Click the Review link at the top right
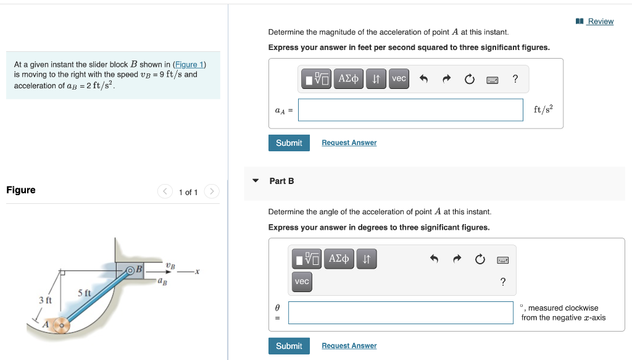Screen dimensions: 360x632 pyautogui.click(x=600, y=22)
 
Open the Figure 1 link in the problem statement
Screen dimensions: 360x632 pyautogui.click(x=189, y=64)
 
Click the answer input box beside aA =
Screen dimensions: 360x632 pyautogui.click(x=410, y=110)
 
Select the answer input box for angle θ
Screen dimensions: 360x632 pyautogui.click(x=401, y=312)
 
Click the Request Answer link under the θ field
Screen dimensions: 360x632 pyautogui.click(x=349, y=346)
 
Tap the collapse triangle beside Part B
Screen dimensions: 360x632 pyautogui.click(x=256, y=181)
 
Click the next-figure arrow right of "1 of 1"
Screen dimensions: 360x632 pyautogui.click(x=211, y=191)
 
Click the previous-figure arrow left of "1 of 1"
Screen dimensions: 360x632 pyautogui.click(x=165, y=191)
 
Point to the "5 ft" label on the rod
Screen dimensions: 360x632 pyautogui.click(x=84, y=293)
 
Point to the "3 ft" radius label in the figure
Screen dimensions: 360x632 pyautogui.click(x=45, y=300)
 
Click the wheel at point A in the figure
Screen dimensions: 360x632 pyautogui.click(x=60, y=325)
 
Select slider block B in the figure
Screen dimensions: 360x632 pyautogui.click(x=134, y=270)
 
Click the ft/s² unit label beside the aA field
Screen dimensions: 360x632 pyautogui.click(x=543, y=109)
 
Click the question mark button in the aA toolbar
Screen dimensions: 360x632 pyautogui.click(x=515, y=78)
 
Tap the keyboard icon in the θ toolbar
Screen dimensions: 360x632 pyautogui.click(x=503, y=261)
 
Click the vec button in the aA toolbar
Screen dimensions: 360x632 pyautogui.click(x=399, y=78)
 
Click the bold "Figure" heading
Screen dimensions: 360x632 pyautogui.click(x=21, y=190)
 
